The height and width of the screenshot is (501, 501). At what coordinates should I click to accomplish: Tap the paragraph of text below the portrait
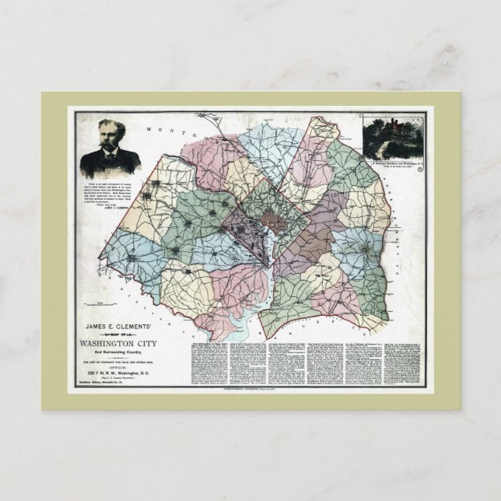pyautogui.click(x=109, y=194)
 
